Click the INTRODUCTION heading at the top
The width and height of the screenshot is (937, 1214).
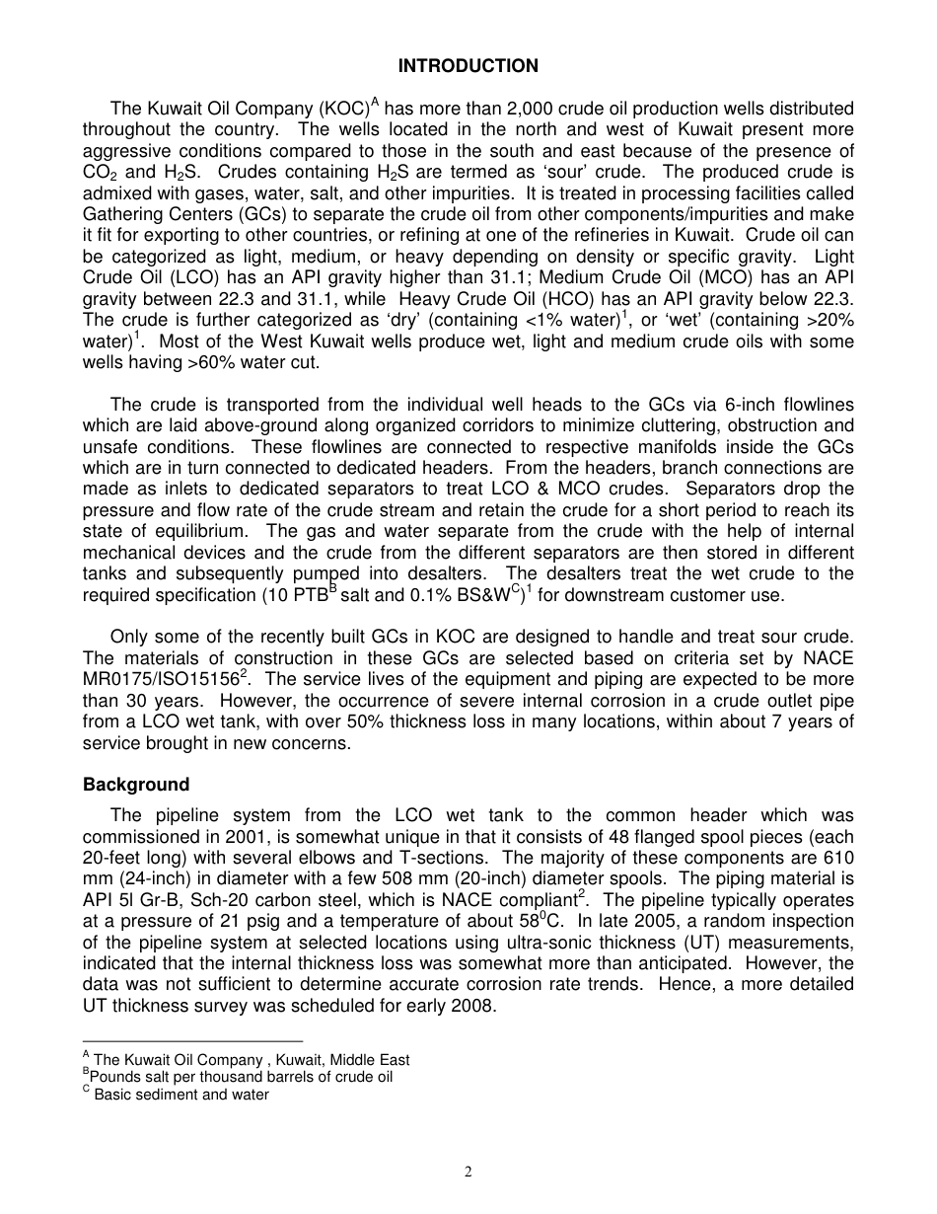coord(468,66)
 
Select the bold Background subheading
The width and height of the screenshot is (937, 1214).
coord(135,785)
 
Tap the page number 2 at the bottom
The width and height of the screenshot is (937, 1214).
coord(468,1173)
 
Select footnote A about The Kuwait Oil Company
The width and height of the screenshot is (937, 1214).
coord(246,1060)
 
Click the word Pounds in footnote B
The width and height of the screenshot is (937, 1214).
coord(113,1077)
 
